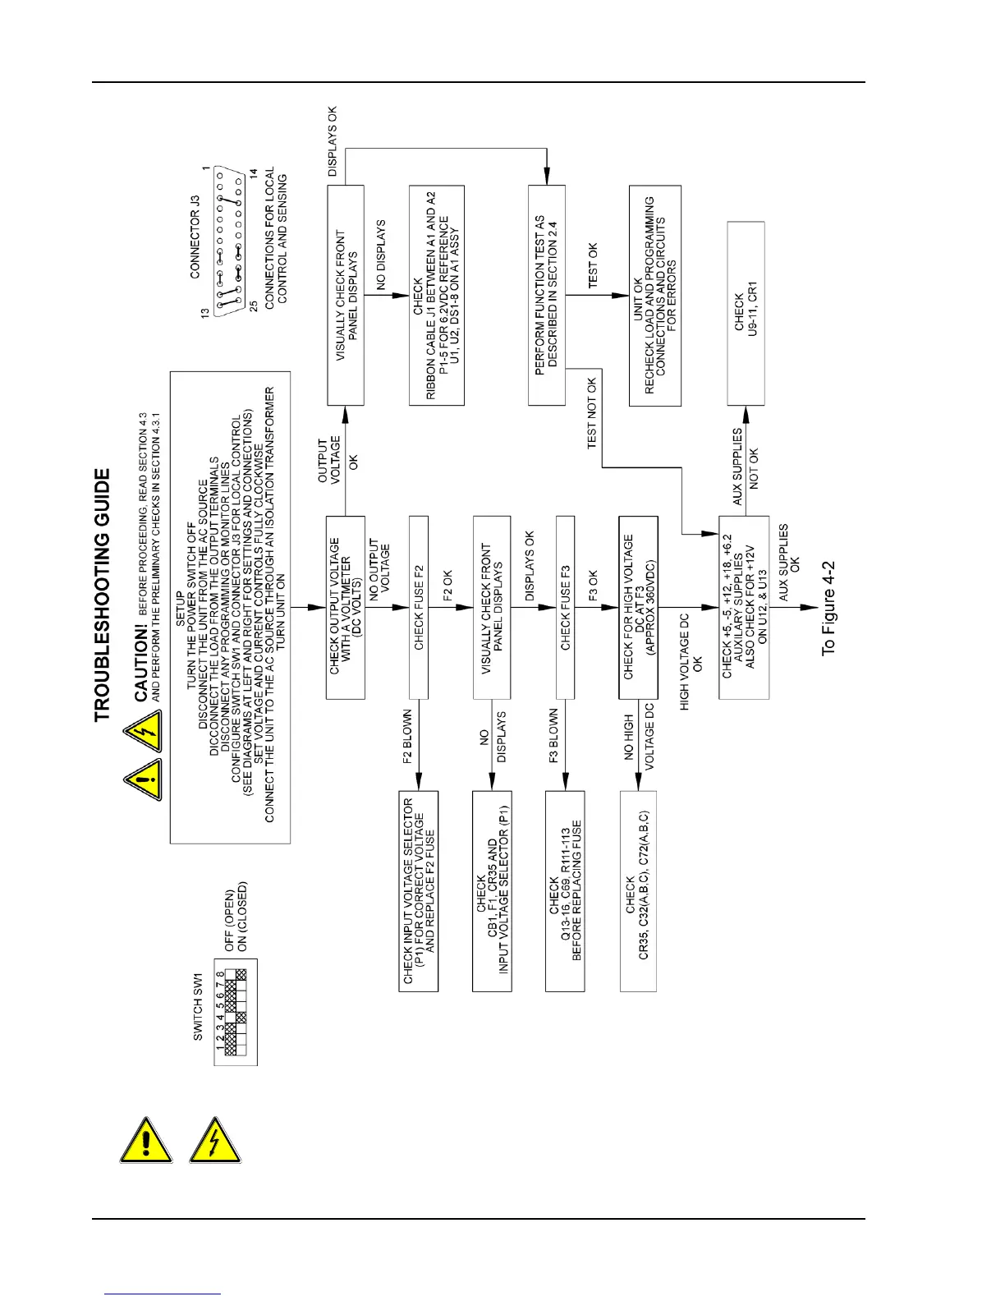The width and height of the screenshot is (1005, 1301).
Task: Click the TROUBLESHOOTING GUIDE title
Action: point(102,595)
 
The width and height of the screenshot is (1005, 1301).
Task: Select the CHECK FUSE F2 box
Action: point(419,607)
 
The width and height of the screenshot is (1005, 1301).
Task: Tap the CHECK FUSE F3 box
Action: point(565,607)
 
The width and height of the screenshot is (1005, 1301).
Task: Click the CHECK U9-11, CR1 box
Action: point(746,313)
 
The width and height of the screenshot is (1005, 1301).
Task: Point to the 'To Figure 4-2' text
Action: point(828,608)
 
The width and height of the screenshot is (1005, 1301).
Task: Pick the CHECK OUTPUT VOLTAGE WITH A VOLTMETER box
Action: point(345,607)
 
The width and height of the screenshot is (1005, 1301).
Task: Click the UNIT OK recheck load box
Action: point(654,296)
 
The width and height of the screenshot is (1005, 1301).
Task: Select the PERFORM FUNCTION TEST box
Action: point(546,296)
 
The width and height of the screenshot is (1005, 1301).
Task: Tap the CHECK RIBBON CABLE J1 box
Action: point(437,296)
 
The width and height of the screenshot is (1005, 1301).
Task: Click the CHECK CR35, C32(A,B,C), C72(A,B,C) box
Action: point(637,891)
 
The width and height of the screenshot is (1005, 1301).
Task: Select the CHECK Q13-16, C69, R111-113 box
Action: point(565,891)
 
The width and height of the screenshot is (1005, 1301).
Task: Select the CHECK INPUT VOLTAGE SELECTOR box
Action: point(419,891)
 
